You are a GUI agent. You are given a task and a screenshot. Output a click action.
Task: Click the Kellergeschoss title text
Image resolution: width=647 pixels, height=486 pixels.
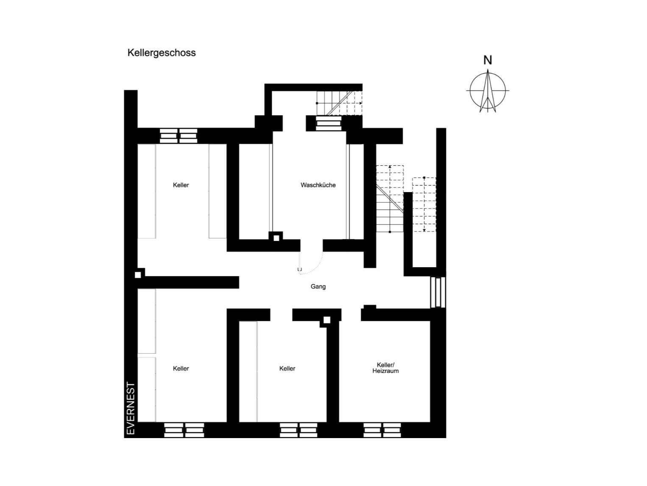162,53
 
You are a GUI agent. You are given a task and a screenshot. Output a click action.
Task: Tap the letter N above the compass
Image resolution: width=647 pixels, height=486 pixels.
488,60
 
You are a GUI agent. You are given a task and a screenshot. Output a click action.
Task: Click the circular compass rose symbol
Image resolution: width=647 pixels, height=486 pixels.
488,91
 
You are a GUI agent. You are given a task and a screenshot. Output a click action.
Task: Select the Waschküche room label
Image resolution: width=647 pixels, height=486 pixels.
318,185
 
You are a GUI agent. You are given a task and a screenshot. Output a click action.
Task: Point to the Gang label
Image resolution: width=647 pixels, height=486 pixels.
318,287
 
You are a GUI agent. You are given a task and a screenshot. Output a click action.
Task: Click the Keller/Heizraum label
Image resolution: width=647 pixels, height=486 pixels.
385,368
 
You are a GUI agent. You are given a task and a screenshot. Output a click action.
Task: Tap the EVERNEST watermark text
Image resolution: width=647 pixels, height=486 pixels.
131,408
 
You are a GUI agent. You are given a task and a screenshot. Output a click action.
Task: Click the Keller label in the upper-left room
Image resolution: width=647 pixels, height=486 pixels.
181,185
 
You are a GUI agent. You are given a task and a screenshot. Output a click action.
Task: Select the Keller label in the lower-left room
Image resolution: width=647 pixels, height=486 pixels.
181,369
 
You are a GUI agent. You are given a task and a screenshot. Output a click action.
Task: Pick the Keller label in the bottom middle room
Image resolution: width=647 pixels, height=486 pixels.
287,369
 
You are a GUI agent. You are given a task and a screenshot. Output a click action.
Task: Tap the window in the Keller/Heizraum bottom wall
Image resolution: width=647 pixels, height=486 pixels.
382,430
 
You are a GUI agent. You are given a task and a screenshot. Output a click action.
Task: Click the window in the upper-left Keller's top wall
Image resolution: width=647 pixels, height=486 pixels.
178,136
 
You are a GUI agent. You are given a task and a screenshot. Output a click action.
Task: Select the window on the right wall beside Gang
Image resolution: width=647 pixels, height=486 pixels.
438,292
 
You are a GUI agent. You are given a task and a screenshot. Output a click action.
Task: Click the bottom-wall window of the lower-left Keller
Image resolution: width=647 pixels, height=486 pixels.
184,430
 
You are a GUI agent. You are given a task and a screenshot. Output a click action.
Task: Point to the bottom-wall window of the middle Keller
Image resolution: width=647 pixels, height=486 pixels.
298,430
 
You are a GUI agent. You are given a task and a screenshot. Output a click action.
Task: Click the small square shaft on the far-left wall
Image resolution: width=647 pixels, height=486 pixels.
138,275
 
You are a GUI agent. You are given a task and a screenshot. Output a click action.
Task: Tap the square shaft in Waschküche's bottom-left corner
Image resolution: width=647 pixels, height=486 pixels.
276,238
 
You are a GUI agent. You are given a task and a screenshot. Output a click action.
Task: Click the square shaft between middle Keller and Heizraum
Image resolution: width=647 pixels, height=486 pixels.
326,320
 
